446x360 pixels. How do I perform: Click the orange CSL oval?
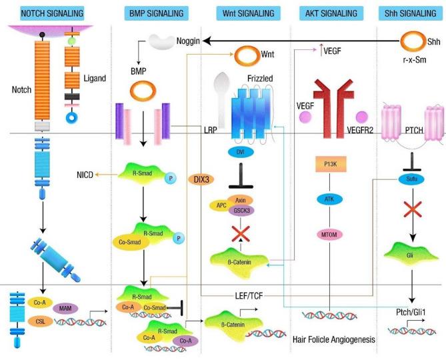point(39,321)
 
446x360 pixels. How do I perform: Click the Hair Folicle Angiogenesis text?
point(334,339)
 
